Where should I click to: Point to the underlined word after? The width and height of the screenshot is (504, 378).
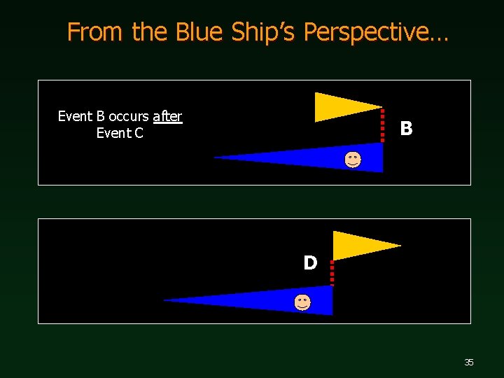click(167, 117)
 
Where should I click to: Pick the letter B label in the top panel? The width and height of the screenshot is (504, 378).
click(406, 129)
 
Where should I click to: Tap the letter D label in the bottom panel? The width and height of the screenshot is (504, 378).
click(310, 263)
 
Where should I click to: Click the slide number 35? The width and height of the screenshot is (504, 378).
click(469, 362)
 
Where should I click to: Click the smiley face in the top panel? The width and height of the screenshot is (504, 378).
click(353, 160)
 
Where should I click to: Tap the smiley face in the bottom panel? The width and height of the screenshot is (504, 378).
click(302, 302)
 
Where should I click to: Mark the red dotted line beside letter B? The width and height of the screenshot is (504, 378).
click(382, 125)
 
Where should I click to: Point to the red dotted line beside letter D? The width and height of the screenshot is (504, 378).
click(332, 272)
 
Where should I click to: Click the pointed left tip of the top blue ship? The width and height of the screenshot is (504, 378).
click(215, 157)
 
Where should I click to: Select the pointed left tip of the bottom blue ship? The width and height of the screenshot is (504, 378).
click(164, 300)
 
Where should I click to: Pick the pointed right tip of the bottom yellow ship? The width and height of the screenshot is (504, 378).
click(400, 246)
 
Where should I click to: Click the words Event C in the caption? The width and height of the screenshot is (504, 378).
click(120, 133)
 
